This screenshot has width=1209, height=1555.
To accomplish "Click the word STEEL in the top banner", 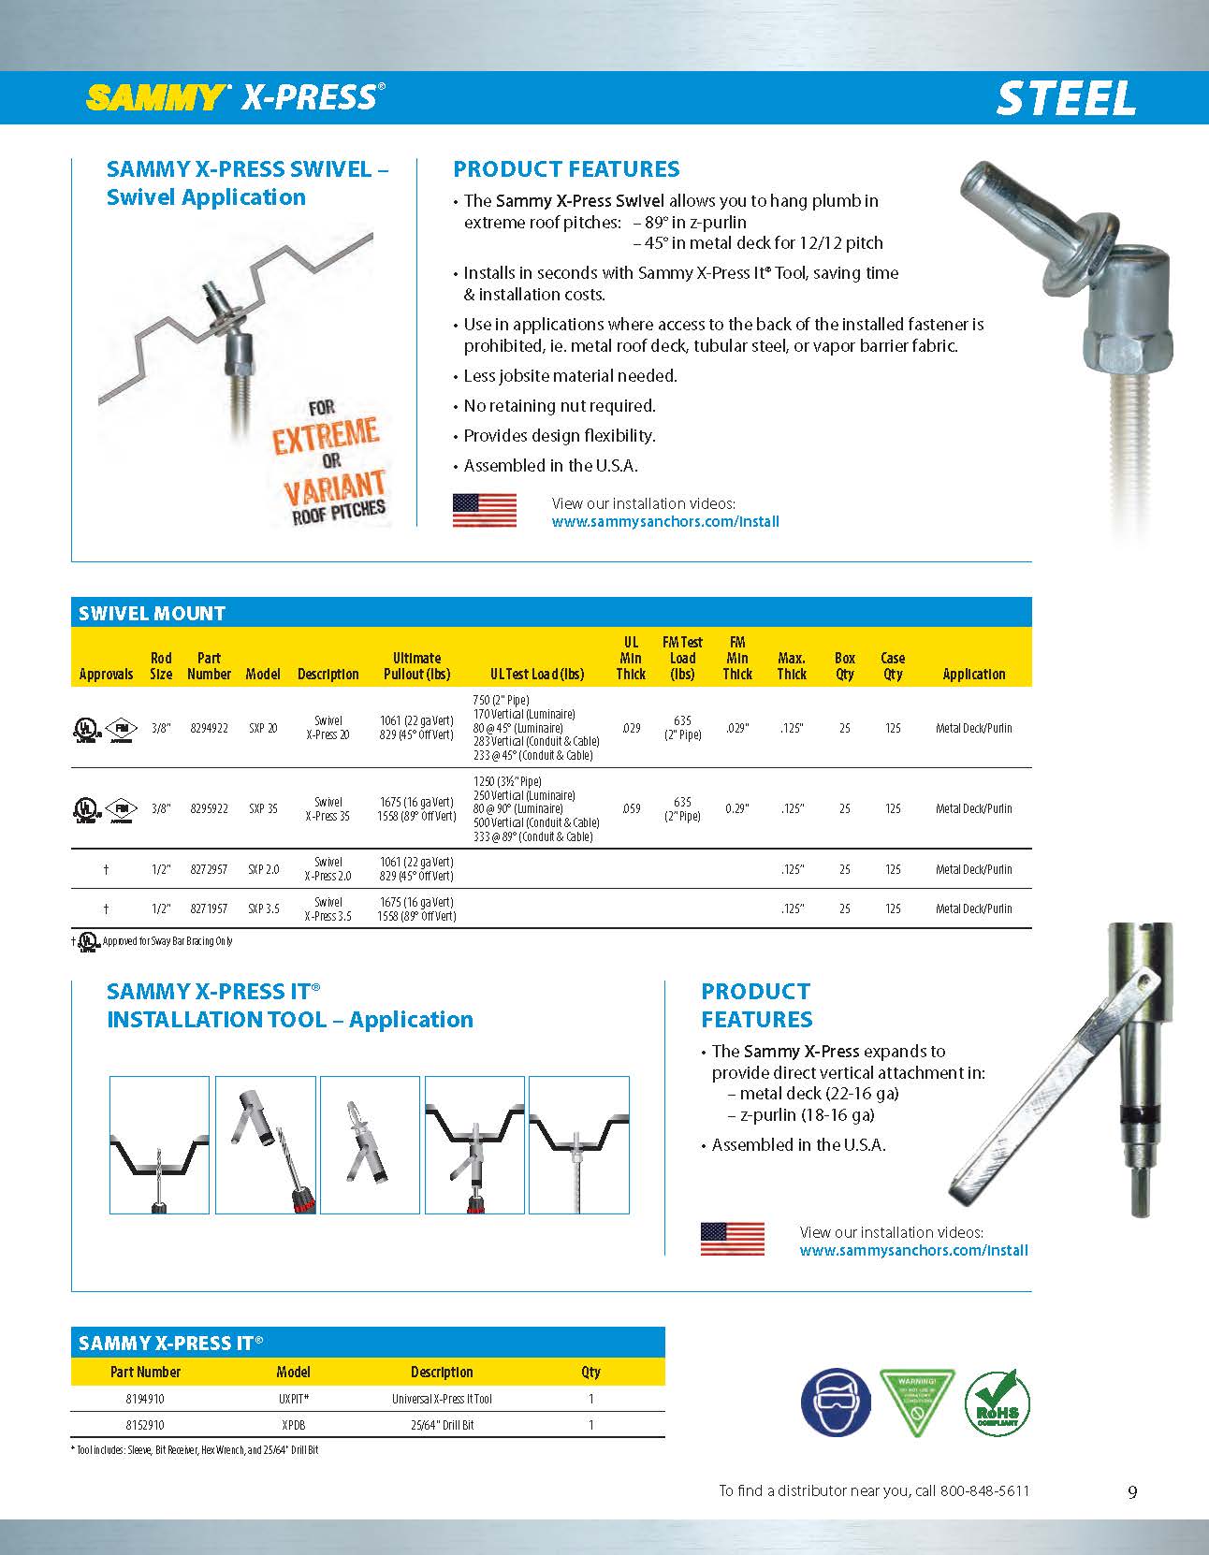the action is (x=1066, y=98).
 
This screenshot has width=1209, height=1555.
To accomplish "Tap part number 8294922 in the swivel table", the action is (x=209, y=728).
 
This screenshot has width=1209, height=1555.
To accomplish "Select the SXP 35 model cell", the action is (x=263, y=809).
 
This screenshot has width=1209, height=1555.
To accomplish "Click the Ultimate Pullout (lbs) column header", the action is (x=416, y=666).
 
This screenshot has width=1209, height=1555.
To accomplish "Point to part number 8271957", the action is (x=209, y=908).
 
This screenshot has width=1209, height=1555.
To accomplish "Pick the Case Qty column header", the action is (x=893, y=666).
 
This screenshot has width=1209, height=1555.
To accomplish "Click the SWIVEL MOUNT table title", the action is (x=153, y=614).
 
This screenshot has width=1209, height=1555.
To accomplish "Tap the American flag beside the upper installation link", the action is (x=485, y=511).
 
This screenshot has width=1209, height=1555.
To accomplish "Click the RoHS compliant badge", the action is (x=998, y=1404).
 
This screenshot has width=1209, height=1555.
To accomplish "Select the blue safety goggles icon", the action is (x=835, y=1404).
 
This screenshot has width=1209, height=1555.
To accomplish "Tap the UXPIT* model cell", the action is (x=294, y=1399).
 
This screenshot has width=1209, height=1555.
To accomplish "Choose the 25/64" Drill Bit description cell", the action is (x=442, y=1425).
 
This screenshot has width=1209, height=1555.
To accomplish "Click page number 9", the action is (x=1132, y=1492).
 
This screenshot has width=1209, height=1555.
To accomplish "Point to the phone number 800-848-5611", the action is (x=984, y=1490).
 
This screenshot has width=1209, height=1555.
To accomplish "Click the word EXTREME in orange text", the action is (x=326, y=436).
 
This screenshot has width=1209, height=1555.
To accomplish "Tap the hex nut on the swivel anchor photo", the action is (x=1127, y=348).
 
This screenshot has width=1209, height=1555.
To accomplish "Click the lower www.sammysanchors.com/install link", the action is (x=913, y=1250).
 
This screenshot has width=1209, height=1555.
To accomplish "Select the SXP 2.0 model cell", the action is (x=263, y=869).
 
